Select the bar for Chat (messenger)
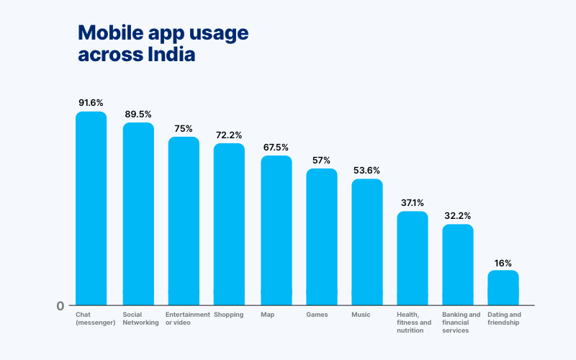[x=91, y=208]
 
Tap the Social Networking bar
[x=138, y=213]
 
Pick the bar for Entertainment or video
[x=184, y=220]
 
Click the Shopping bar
[x=229, y=224]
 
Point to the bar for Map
[x=276, y=230]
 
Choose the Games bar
[x=321, y=236]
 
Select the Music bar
[x=367, y=241]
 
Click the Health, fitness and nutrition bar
[x=413, y=258]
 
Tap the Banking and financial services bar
[x=458, y=264]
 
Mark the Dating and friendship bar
[x=503, y=287]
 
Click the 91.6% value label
[x=91, y=103]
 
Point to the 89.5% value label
[x=138, y=114]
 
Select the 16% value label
[x=503, y=262]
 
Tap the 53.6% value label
[x=367, y=171]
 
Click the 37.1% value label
[x=413, y=202]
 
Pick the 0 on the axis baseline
[x=60, y=306]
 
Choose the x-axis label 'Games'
[x=317, y=315]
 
